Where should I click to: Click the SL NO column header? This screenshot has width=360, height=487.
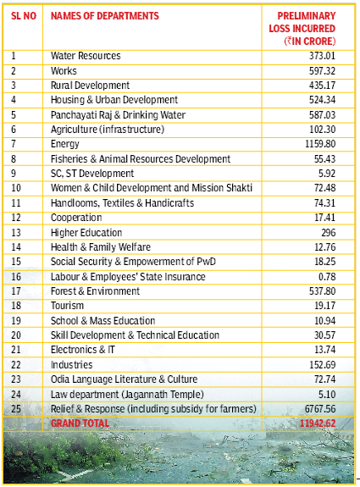click(24, 16)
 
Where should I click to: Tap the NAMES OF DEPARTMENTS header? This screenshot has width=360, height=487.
click(105, 16)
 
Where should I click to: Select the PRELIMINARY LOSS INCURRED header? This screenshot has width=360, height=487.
click(302, 29)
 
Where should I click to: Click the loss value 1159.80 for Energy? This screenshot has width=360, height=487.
click(320, 144)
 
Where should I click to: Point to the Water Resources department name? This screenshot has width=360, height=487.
click(86, 56)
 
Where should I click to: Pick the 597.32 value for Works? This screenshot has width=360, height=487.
click(322, 71)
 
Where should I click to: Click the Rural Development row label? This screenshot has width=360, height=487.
click(90, 86)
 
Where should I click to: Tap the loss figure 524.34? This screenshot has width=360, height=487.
click(322, 100)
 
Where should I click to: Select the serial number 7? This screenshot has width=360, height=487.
click(14, 144)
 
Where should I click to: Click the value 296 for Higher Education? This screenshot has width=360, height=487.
click(329, 233)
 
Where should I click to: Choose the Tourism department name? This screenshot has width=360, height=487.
click(67, 306)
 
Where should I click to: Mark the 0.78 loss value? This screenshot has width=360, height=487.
click(327, 277)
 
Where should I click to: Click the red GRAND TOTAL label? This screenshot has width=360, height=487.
click(80, 423)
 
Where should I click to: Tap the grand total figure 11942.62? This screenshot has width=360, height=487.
click(318, 423)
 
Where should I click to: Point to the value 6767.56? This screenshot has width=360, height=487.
click(320, 409)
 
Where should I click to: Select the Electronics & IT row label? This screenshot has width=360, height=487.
click(83, 350)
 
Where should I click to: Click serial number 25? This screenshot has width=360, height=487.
click(16, 409)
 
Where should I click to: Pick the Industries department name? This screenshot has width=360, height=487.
click(71, 365)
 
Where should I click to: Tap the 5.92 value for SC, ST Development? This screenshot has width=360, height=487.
click(327, 174)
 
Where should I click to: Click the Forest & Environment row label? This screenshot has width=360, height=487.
click(95, 291)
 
